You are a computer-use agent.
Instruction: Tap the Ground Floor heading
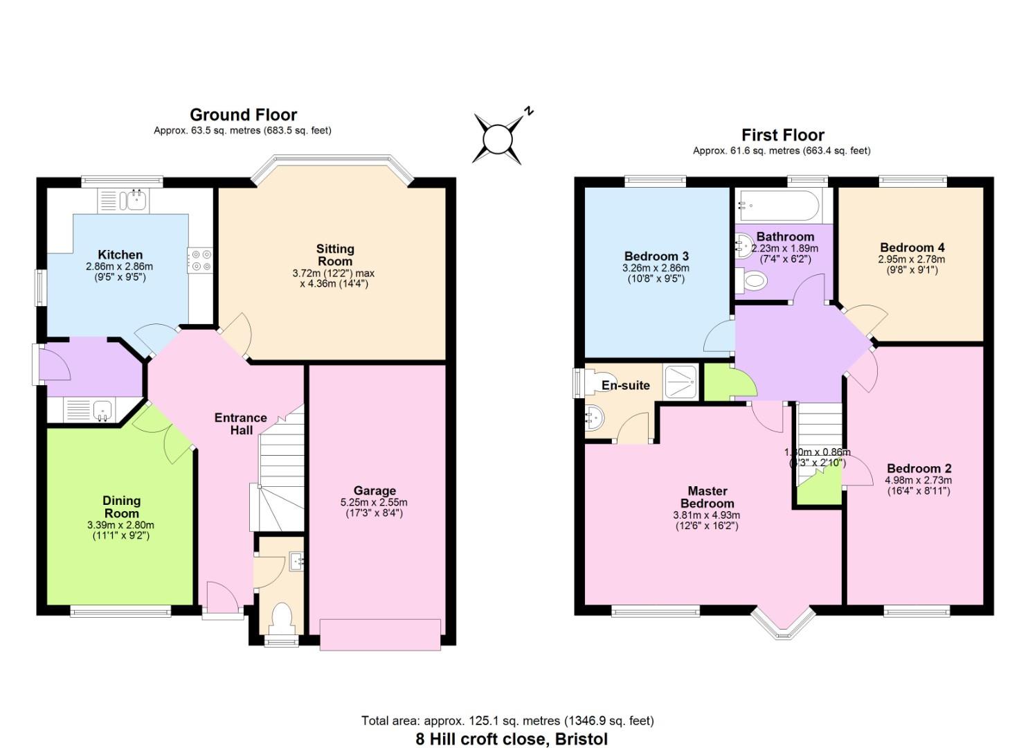(243, 115)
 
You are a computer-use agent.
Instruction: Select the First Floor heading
(782, 135)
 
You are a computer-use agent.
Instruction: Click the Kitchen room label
(120, 255)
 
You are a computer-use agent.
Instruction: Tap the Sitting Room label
(335, 255)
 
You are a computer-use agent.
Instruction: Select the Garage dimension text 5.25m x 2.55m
(374, 502)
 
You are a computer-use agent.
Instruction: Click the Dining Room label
(121, 506)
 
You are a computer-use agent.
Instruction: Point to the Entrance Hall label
(240, 423)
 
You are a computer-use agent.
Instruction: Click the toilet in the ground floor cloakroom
(282, 618)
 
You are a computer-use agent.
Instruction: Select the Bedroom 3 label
(656, 256)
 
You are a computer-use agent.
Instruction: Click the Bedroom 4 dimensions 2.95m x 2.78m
(912, 259)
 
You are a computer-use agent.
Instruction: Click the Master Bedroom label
(707, 497)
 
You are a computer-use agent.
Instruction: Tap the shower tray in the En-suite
(681, 382)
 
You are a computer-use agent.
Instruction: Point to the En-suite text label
(625, 385)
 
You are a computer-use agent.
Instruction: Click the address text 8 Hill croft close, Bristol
(512, 739)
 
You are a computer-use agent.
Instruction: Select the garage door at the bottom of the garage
(380, 634)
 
